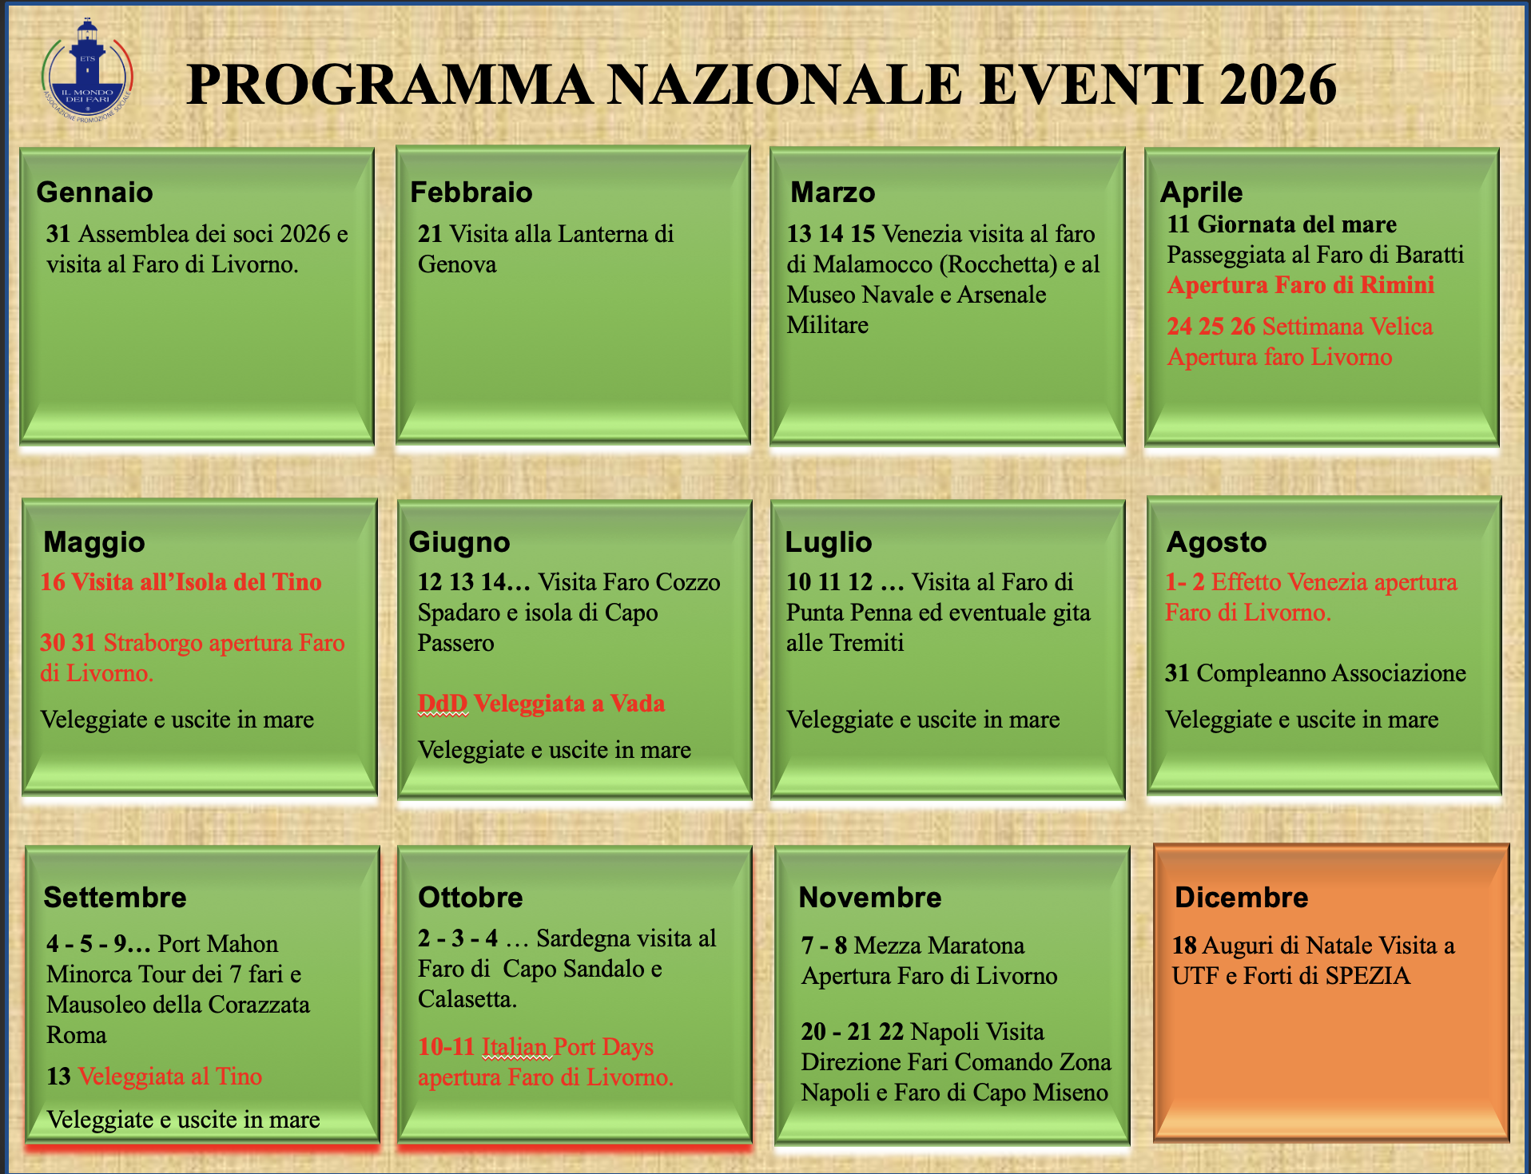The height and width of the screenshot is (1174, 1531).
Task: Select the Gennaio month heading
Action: (95, 192)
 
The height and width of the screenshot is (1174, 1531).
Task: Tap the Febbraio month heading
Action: (471, 192)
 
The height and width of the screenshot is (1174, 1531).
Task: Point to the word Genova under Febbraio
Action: (457, 264)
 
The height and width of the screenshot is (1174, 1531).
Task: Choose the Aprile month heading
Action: (1202, 192)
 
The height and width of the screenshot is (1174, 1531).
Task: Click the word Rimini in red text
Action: (1398, 285)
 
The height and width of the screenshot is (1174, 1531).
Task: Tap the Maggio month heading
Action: (94, 542)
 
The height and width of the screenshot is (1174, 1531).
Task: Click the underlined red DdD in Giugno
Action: (443, 704)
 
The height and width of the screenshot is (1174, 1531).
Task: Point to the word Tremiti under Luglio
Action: (866, 643)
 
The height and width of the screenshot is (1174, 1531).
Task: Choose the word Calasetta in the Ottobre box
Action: (467, 999)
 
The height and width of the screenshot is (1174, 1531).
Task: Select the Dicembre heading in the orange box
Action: (1242, 898)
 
